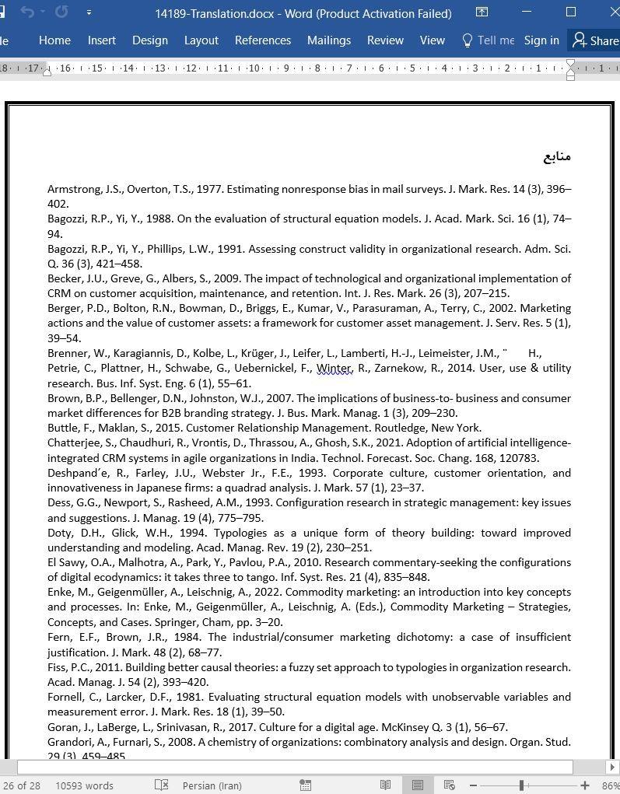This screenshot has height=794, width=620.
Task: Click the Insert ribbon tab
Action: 102,40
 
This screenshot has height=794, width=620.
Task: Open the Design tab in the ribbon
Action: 150,40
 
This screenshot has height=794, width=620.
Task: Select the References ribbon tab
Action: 263,40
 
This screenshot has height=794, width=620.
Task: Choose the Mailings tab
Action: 329,40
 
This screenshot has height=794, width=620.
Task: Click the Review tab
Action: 385,40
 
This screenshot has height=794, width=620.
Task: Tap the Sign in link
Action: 541,40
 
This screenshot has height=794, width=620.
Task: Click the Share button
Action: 596,40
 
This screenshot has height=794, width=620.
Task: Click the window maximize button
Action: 571,12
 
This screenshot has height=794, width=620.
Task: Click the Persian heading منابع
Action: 557,156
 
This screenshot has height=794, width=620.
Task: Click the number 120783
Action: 517,458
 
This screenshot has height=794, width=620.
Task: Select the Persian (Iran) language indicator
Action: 211,785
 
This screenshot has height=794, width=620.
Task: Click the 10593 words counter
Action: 84,785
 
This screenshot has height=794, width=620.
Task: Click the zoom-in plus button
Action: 585,785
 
